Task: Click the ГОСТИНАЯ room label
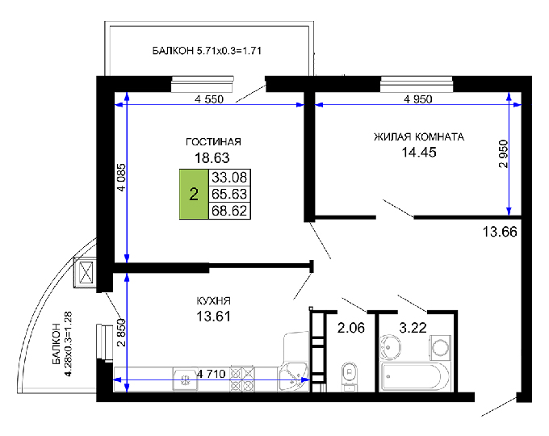tap(213, 142)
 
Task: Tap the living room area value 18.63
tap(212, 158)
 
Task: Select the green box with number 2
tap(194, 194)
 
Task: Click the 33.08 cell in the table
tap(229, 177)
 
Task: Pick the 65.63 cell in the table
tap(229, 194)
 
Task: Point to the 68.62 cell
tap(229, 211)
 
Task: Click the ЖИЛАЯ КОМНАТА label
tap(419, 137)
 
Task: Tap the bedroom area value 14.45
tap(419, 153)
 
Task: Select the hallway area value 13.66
tap(500, 232)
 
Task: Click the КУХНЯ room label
tap(214, 301)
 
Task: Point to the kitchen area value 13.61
tap(213, 317)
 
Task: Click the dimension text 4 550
tap(209, 99)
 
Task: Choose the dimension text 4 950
tap(418, 99)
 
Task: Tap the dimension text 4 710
tap(212, 374)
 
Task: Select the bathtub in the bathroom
tap(415, 377)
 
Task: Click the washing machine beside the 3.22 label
tap(440, 347)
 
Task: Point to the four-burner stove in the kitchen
tap(242, 379)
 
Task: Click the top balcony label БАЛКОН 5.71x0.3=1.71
tap(207, 51)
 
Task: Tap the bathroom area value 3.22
tap(413, 328)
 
